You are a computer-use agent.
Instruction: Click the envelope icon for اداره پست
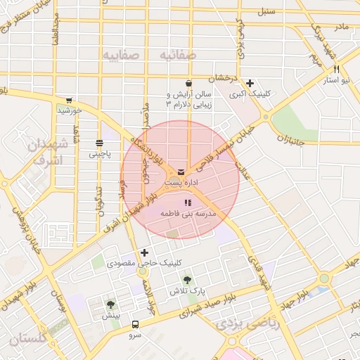click(x=183, y=172)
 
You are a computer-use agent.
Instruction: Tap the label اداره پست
click(x=182, y=182)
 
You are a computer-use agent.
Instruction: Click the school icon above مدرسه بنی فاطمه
click(x=187, y=202)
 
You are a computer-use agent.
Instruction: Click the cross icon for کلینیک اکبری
click(x=250, y=83)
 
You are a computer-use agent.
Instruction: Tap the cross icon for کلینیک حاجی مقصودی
click(x=145, y=252)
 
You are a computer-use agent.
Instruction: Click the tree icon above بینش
click(x=111, y=304)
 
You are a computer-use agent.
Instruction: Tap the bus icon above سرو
click(x=135, y=325)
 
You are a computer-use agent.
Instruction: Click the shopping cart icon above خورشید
click(x=69, y=100)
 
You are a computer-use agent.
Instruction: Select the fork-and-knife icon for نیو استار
click(x=337, y=69)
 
